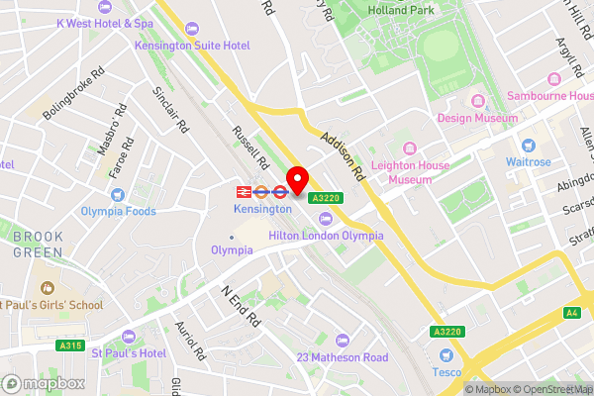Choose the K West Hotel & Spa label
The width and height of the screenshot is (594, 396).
104,22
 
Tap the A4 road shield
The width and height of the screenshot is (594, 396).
572,313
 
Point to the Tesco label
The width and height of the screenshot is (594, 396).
445,371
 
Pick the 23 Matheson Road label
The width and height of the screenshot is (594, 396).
344,356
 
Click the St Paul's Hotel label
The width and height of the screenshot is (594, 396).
129,353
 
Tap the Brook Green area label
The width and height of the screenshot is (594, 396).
38,244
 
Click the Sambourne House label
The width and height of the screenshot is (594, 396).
548,96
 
